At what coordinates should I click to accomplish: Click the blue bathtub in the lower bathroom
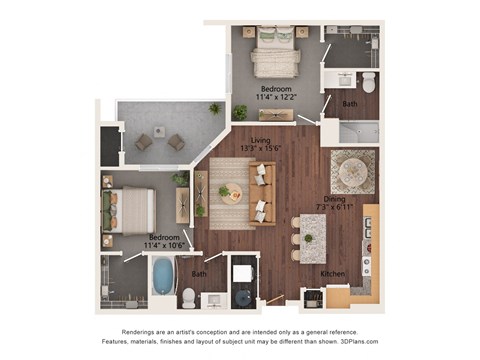(163, 275)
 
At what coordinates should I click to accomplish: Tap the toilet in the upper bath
(367, 83)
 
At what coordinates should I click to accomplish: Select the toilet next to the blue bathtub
(188, 296)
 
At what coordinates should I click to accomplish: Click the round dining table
(352, 172)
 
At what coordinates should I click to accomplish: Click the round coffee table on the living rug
(225, 191)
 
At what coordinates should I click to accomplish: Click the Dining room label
(335, 198)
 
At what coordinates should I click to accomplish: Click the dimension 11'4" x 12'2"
(276, 98)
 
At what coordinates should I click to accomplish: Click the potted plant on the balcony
(214, 108)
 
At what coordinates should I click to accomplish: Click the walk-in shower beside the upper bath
(356, 131)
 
